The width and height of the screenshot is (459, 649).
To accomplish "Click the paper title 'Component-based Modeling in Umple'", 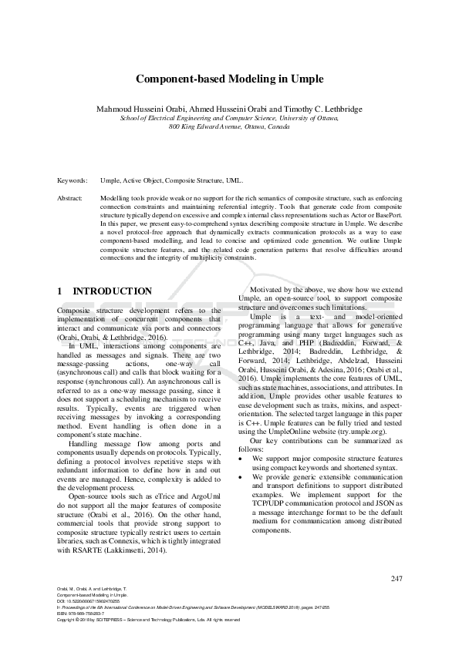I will [x=229, y=79].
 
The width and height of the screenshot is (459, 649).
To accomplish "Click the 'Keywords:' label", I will [x=73, y=180].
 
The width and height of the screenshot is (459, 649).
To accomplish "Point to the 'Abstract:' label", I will [x=70, y=198].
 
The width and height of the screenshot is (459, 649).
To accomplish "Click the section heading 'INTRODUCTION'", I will [x=112, y=291].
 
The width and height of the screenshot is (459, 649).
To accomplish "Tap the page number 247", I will [x=397, y=578].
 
